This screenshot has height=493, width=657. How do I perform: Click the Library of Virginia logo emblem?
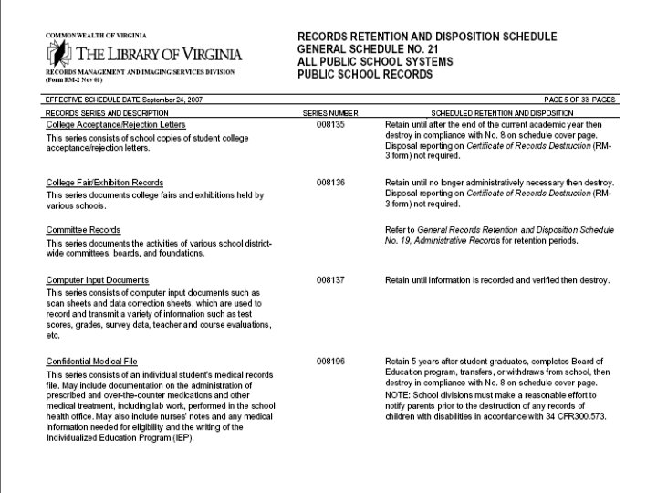[x=59, y=53]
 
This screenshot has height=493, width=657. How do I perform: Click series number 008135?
[x=330, y=124]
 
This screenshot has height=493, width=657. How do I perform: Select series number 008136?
[x=330, y=183]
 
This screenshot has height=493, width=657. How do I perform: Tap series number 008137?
[x=330, y=279]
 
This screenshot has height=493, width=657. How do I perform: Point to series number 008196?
[x=330, y=362]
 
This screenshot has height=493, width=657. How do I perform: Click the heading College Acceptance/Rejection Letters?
[x=116, y=124]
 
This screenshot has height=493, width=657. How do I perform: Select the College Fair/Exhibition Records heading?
[x=105, y=183]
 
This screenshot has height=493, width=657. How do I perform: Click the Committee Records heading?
[x=83, y=230]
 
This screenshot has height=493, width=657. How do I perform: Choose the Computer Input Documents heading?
[x=97, y=279]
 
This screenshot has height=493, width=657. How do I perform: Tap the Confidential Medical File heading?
[x=91, y=362]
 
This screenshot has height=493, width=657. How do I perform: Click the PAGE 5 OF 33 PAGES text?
[x=579, y=99]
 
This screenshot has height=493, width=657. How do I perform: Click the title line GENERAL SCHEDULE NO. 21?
[x=375, y=49]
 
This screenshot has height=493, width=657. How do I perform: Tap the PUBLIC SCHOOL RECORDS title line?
[x=365, y=75]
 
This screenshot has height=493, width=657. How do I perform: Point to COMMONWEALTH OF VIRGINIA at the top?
[x=96, y=35]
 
